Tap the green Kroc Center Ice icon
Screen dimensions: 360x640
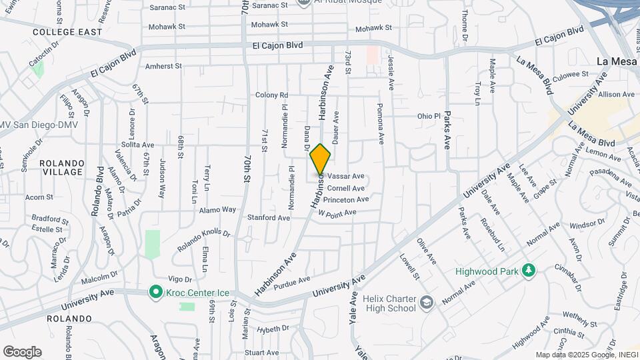click(155, 291)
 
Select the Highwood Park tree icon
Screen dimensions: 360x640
click(529, 271)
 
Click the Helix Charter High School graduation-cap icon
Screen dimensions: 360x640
click(426, 304)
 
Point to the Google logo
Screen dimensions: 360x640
click(22, 352)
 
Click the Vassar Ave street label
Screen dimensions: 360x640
click(346, 177)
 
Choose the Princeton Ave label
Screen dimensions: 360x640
click(345, 199)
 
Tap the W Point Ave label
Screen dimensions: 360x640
click(337, 213)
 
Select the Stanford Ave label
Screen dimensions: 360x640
click(269, 217)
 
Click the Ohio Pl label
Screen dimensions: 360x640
click(429, 116)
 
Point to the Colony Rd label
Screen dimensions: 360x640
click(271, 95)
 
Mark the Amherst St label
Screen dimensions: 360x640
click(163, 66)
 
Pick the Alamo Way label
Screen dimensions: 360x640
click(218, 209)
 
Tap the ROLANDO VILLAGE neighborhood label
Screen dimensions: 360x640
click(61, 167)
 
